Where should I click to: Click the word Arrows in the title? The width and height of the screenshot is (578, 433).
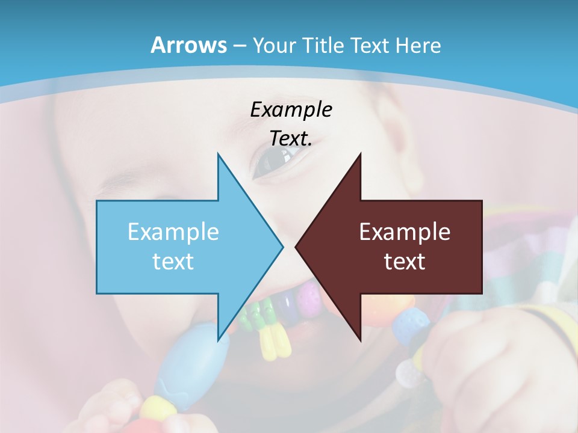(x=188, y=45)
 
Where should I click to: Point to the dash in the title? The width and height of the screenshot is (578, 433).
(x=239, y=46)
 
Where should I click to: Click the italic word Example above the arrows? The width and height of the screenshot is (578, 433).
(x=291, y=109)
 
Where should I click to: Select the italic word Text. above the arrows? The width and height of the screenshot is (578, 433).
(x=291, y=138)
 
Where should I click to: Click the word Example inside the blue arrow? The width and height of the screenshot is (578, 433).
(x=173, y=232)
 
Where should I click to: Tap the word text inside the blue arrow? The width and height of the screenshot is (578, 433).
(x=173, y=261)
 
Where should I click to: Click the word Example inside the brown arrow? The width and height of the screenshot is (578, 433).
(x=405, y=232)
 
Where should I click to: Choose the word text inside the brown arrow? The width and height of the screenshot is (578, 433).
(x=405, y=261)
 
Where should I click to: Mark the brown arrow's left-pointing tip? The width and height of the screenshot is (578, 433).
(x=297, y=247)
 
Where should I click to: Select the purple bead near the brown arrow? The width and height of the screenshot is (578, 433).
(x=309, y=294)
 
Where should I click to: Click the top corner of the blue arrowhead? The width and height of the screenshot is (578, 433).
(x=218, y=155)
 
